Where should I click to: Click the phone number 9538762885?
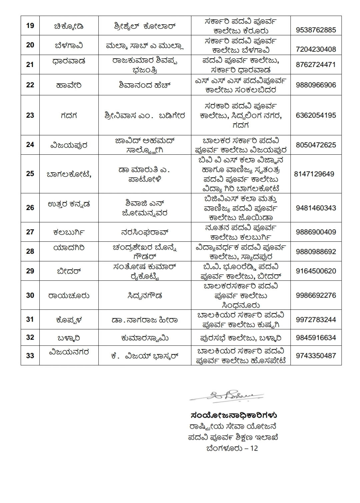[316, 30]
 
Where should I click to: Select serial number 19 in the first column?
[30, 25]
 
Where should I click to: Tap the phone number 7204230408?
[316, 49]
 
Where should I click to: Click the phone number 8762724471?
[316, 64]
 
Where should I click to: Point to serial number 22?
[30, 85]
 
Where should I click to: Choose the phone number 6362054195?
[316, 115]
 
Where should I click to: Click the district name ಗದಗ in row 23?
[69, 115]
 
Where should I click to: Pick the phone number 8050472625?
[316, 145]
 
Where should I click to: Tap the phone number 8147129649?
[314, 174]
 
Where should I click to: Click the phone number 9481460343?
[316, 208]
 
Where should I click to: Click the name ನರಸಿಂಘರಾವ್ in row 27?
[145, 232]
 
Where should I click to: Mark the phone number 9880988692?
[316, 252]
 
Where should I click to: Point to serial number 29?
[30, 271]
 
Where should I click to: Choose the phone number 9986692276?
[316, 295]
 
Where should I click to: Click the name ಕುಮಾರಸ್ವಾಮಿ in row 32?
[145, 338]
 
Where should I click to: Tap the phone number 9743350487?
[316, 356]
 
